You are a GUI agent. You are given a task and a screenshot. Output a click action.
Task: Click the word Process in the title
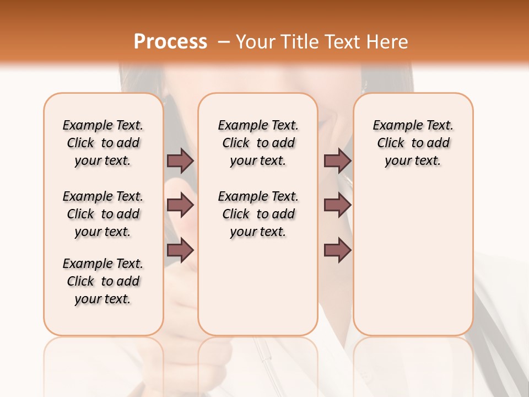(x=170, y=41)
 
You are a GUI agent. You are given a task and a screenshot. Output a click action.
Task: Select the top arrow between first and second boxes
(x=180, y=160)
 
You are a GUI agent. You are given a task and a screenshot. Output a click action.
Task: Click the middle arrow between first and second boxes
(x=180, y=205)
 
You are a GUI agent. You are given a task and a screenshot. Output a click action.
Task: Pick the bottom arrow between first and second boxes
(x=180, y=250)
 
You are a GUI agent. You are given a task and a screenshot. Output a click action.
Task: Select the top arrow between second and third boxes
(x=337, y=160)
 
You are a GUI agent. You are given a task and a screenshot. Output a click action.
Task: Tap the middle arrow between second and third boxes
(x=337, y=205)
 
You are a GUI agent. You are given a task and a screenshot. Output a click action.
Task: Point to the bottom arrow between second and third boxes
(x=337, y=250)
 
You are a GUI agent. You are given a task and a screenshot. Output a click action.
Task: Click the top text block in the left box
(x=103, y=143)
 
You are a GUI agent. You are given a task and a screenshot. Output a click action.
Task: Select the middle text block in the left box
(x=103, y=214)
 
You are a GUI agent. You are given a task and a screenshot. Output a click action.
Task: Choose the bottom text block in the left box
(x=103, y=281)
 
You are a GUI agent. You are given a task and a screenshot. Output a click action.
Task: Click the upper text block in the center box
(x=258, y=143)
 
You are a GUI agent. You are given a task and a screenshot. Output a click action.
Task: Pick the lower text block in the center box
(x=258, y=214)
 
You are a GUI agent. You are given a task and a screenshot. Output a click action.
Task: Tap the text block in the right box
(x=413, y=143)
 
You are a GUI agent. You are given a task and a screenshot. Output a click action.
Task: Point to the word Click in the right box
(x=391, y=143)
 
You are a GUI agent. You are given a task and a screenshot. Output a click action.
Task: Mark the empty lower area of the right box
(x=413, y=254)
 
